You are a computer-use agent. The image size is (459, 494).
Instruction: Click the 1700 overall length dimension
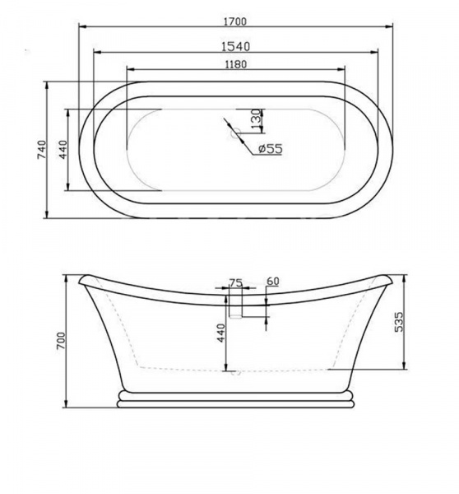coord(235,21)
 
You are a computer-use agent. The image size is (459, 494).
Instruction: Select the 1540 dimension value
coord(235,47)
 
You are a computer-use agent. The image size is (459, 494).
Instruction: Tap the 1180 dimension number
coord(236,64)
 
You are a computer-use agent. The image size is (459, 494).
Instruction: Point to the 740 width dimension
coord(42,150)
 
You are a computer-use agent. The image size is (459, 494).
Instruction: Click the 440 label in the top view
coord(63,150)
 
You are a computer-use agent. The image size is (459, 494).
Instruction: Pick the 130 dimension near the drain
coord(256,119)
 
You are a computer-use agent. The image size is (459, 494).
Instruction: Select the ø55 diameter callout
coord(271,148)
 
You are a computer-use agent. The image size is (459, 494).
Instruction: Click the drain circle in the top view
coord(235,133)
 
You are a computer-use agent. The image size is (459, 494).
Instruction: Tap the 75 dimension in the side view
coord(236,283)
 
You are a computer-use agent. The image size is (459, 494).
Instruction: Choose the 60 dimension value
coord(272,281)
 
